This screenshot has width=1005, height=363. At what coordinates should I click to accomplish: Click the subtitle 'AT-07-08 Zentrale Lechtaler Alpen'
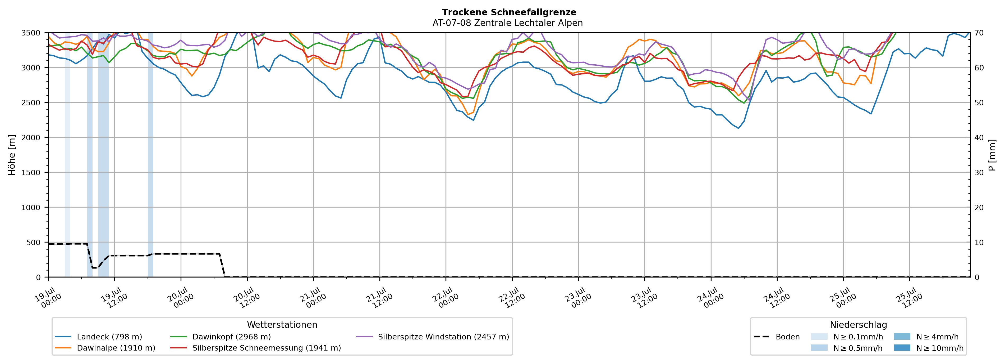coord(508,23)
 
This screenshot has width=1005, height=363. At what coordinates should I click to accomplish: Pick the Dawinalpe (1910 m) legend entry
coord(105,348)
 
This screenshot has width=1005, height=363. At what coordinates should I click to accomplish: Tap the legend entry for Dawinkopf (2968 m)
coord(221,337)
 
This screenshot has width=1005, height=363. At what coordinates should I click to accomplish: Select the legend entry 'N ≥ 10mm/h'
coord(929,348)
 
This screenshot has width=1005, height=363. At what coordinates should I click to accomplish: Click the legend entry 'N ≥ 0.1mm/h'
coord(847,337)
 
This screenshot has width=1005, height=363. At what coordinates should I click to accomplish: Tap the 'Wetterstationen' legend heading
coord(282,325)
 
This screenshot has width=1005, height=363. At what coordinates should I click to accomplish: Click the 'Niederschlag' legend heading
coord(858,325)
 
